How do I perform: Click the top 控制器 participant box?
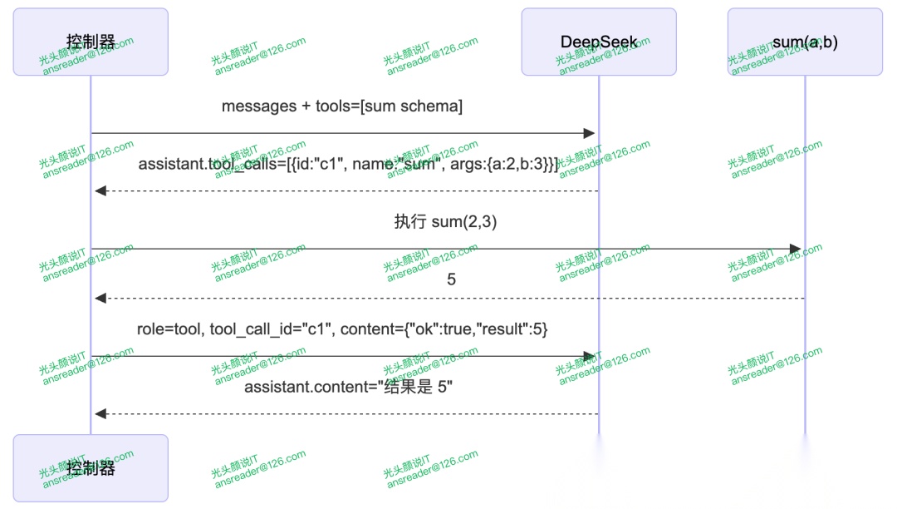91,42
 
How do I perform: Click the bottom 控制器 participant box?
91,467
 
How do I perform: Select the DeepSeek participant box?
599,42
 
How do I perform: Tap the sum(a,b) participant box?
805,42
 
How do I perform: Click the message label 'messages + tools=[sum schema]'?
342,106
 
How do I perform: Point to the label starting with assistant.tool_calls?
348,164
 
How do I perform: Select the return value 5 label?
451,279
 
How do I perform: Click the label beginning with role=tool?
342,329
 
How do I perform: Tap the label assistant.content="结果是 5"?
348,387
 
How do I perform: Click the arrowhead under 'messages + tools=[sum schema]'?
590,133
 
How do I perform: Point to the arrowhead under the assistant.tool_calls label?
100,191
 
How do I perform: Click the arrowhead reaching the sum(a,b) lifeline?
795,249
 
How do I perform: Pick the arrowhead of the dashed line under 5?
100,298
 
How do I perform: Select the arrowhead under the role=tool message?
590,356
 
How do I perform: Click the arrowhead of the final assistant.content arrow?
100,413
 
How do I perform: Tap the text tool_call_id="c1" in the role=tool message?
272,329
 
